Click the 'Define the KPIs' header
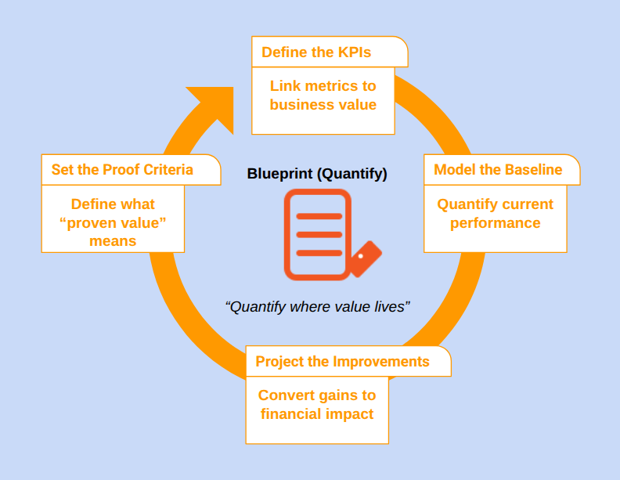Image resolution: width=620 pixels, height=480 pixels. (x=316, y=52)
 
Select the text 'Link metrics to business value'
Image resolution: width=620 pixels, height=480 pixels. (x=323, y=96)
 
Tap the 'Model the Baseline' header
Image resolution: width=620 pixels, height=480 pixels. (x=498, y=170)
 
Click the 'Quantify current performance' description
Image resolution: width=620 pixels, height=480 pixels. (x=495, y=214)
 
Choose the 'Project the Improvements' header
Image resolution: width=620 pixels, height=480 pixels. (x=342, y=362)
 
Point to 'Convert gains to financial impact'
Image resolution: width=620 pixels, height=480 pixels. (x=317, y=405)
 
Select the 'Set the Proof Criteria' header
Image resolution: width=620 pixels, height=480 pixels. (x=122, y=170)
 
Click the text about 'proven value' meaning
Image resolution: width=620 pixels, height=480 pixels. (x=113, y=222)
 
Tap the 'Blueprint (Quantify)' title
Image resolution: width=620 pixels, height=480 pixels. (x=317, y=174)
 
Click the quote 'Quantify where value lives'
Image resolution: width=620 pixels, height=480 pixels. (x=317, y=306)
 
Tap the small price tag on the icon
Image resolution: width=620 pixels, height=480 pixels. (x=364, y=258)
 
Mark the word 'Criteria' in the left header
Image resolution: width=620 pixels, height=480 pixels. (x=167, y=170)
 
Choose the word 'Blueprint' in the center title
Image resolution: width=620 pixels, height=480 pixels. (x=280, y=174)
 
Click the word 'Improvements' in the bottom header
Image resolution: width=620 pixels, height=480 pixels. (x=381, y=362)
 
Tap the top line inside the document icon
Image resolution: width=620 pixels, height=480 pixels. (x=318, y=216)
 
